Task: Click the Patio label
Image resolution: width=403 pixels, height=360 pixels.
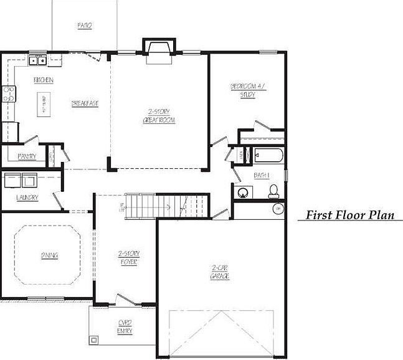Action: coord(85,26)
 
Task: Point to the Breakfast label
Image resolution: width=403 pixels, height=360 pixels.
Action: coord(85,103)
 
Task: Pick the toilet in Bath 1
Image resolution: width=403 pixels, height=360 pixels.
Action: coord(273,192)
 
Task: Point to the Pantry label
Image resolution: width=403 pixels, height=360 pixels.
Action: coord(27,156)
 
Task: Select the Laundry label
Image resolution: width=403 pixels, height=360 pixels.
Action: coord(27,197)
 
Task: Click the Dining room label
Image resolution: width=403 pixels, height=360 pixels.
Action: coord(50,255)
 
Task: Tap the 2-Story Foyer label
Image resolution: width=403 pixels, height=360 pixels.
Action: coord(129,257)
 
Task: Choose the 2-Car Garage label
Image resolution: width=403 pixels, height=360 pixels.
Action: coord(219,272)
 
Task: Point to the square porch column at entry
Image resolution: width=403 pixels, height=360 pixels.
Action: coord(94,341)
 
